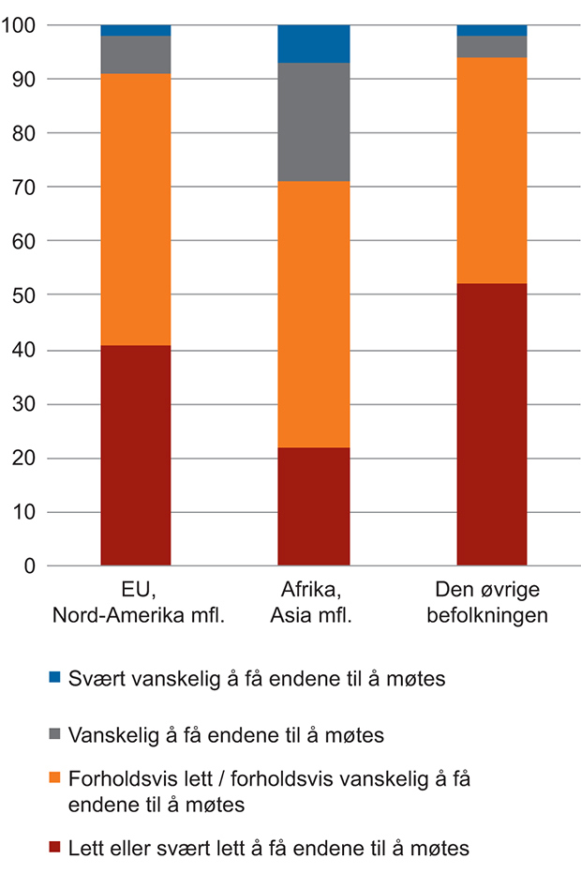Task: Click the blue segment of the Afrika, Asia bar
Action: click(x=314, y=44)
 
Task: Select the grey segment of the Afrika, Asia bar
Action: click(x=314, y=122)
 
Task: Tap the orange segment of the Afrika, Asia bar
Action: click(x=314, y=314)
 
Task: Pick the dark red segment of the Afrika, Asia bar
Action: click(x=314, y=506)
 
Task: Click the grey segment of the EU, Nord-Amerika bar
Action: click(x=136, y=54)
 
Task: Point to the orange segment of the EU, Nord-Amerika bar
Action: click(x=136, y=209)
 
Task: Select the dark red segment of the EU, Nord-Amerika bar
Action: click(x=136, y=456)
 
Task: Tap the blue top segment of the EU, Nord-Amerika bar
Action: click(x=136, y=30)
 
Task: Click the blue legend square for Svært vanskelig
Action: click(x=55, y=677)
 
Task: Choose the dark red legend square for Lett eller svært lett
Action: click(x=55, y=849)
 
